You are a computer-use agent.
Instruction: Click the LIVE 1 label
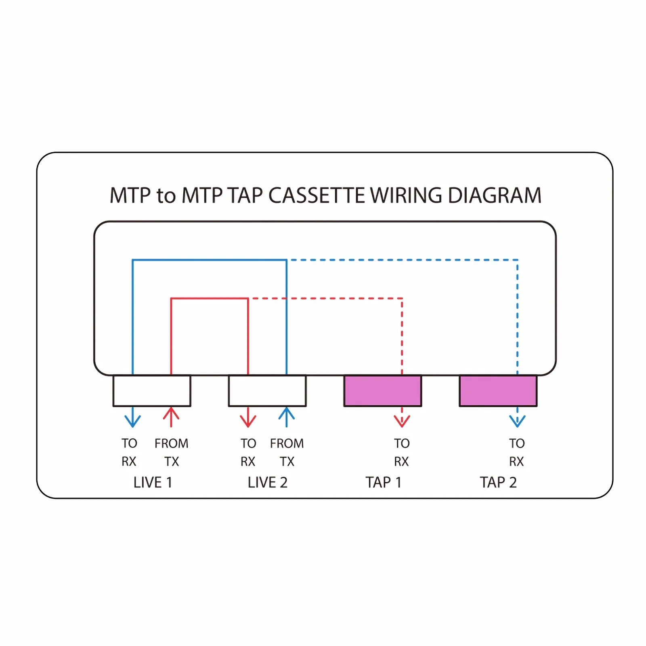tap(153, 482)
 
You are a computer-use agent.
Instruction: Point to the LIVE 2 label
tap(267, 482)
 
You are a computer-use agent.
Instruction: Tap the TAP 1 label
tap(383, 482)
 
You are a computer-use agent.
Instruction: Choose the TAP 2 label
tap(498, 482)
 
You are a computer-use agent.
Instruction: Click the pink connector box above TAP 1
tap(382, 391)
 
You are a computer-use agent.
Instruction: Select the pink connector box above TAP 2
tap(498, 391)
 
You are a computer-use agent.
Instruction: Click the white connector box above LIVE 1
tap(151, 391)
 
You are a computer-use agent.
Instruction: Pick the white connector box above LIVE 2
tap(267, 391)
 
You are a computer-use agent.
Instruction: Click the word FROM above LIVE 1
tap(171, 443)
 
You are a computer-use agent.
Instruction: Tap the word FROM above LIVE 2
tap(287, 443)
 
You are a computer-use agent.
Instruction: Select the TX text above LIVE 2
tap(287, 461)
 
